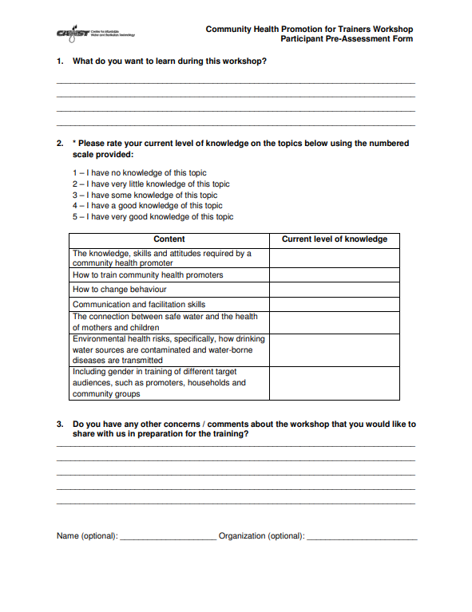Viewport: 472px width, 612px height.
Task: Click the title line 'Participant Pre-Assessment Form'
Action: tap(347, 39)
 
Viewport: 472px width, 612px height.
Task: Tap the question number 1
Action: tap(60, 61)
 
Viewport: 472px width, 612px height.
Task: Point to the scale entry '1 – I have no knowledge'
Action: tap(140, 172)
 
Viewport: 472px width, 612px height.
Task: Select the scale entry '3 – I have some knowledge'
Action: tap(145, 195)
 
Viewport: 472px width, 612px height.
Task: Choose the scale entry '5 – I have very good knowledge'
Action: tap(153, 217)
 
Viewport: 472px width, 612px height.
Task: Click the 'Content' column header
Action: tap(169, 239)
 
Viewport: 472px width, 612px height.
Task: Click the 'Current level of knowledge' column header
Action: tap(334, 239)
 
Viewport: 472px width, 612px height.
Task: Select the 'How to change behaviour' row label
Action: tap(120, 290)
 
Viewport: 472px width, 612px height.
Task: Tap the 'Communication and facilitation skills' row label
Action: tap(139, 304)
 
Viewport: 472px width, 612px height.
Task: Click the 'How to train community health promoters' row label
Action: tap(148, 275)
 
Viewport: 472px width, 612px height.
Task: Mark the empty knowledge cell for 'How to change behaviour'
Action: tap(334, 290)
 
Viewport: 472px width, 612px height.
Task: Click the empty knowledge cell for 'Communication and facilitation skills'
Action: tap(334, 304)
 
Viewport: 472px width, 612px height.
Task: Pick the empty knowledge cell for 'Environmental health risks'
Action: tap(334, 349)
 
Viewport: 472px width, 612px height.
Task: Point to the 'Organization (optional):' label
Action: tap(261, 536)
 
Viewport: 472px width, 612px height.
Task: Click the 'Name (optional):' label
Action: tap(87, 536)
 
